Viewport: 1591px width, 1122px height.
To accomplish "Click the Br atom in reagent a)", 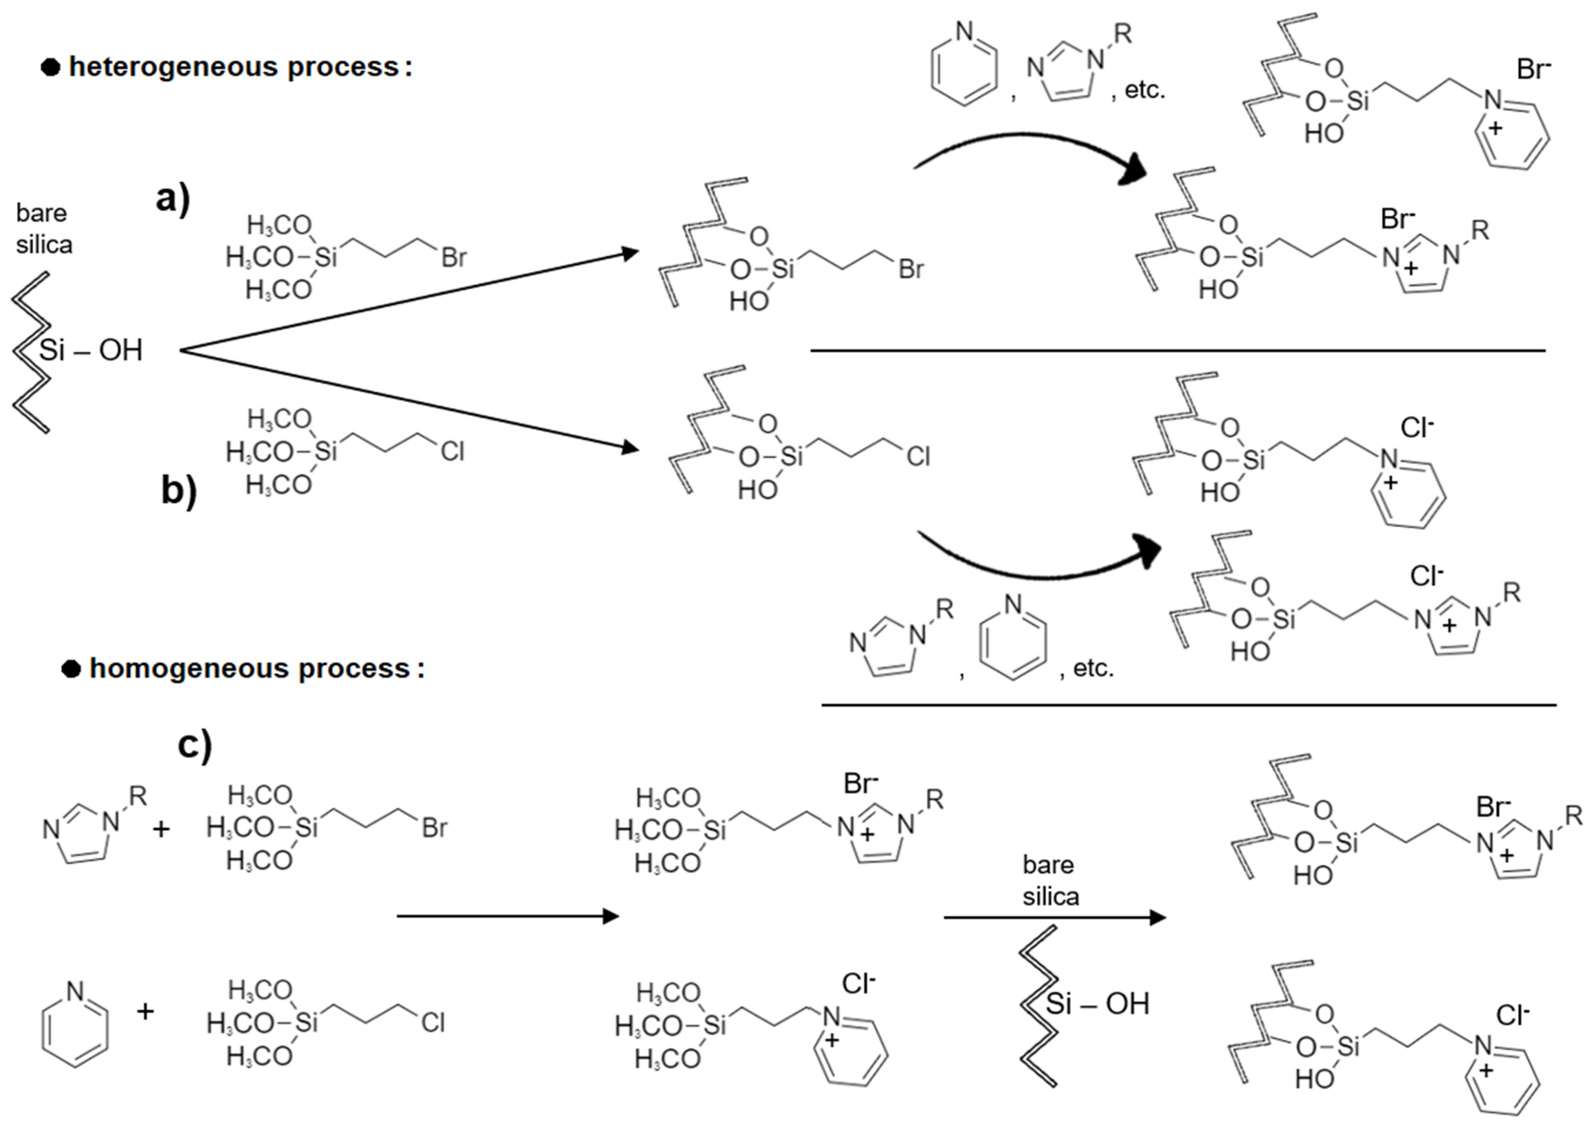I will pyautogui.click(x=454, y=258).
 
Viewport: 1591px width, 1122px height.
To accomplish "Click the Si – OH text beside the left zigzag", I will pyautogui.click(x=90, y=350).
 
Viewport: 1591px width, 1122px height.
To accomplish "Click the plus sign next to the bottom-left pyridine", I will pyautogui.click(x=145, y=1012).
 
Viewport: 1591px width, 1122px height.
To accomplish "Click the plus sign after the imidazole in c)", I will pyautogui.click(x=161, y=829).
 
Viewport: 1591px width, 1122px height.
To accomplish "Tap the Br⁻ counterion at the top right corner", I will pyautogui.click(x=1533, y=70).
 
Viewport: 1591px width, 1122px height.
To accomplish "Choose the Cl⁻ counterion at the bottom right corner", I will pyautogui.click(x=1512, y=1016).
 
